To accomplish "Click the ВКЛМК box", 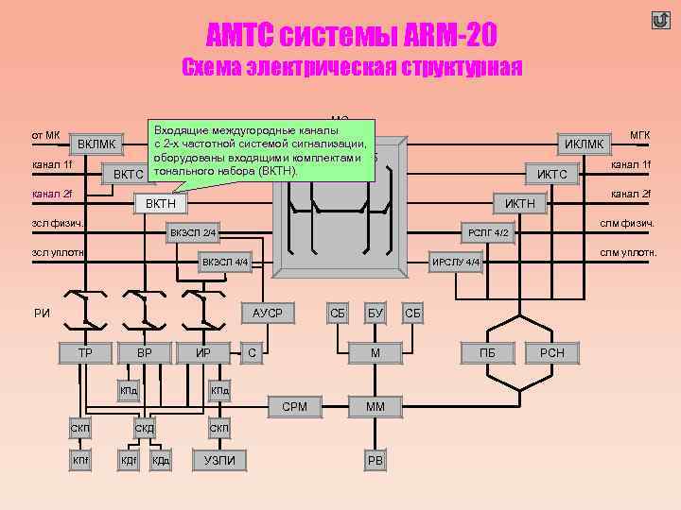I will point(97,144).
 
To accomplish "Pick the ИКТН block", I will point(519,203).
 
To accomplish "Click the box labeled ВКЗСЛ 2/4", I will point(194,232).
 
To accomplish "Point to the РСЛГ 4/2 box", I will point(489,232).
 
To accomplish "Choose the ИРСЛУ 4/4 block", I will point(456,262).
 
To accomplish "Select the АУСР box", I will point(268,313).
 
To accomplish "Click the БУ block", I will point(375,313).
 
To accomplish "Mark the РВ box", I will point(375,460).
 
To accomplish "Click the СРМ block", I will point(295,407).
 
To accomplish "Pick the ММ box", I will point(375,407).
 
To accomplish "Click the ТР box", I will point(84,353).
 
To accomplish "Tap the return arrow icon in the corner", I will point(660,20).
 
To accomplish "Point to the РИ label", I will point(42,314).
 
